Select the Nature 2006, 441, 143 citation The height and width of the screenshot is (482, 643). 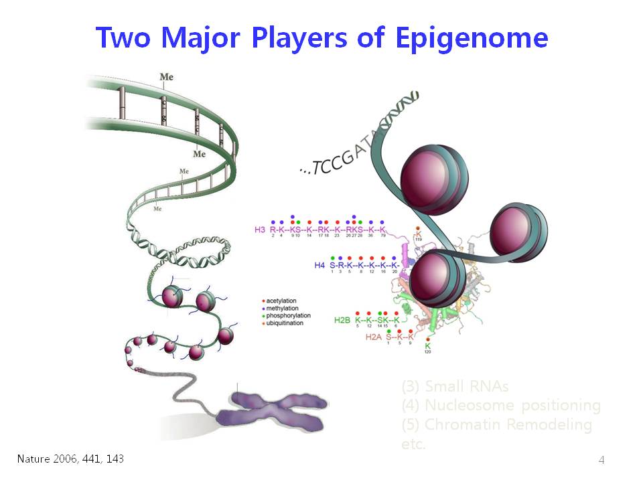[x=70, y=459]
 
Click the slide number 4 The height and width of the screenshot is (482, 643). [x=601, y=460]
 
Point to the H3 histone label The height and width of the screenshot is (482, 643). [x=260, y=230]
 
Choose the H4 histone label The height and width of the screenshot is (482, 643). [x=319, y=265]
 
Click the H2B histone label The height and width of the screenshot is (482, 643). [x=342, y=320]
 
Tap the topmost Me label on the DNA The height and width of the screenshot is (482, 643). [x=166, y=77]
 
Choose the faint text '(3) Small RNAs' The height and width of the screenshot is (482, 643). [x=455, y=386]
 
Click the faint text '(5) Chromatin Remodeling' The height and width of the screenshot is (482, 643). [x=496, y=424]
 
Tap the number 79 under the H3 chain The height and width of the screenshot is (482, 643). [x=382, y=236]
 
